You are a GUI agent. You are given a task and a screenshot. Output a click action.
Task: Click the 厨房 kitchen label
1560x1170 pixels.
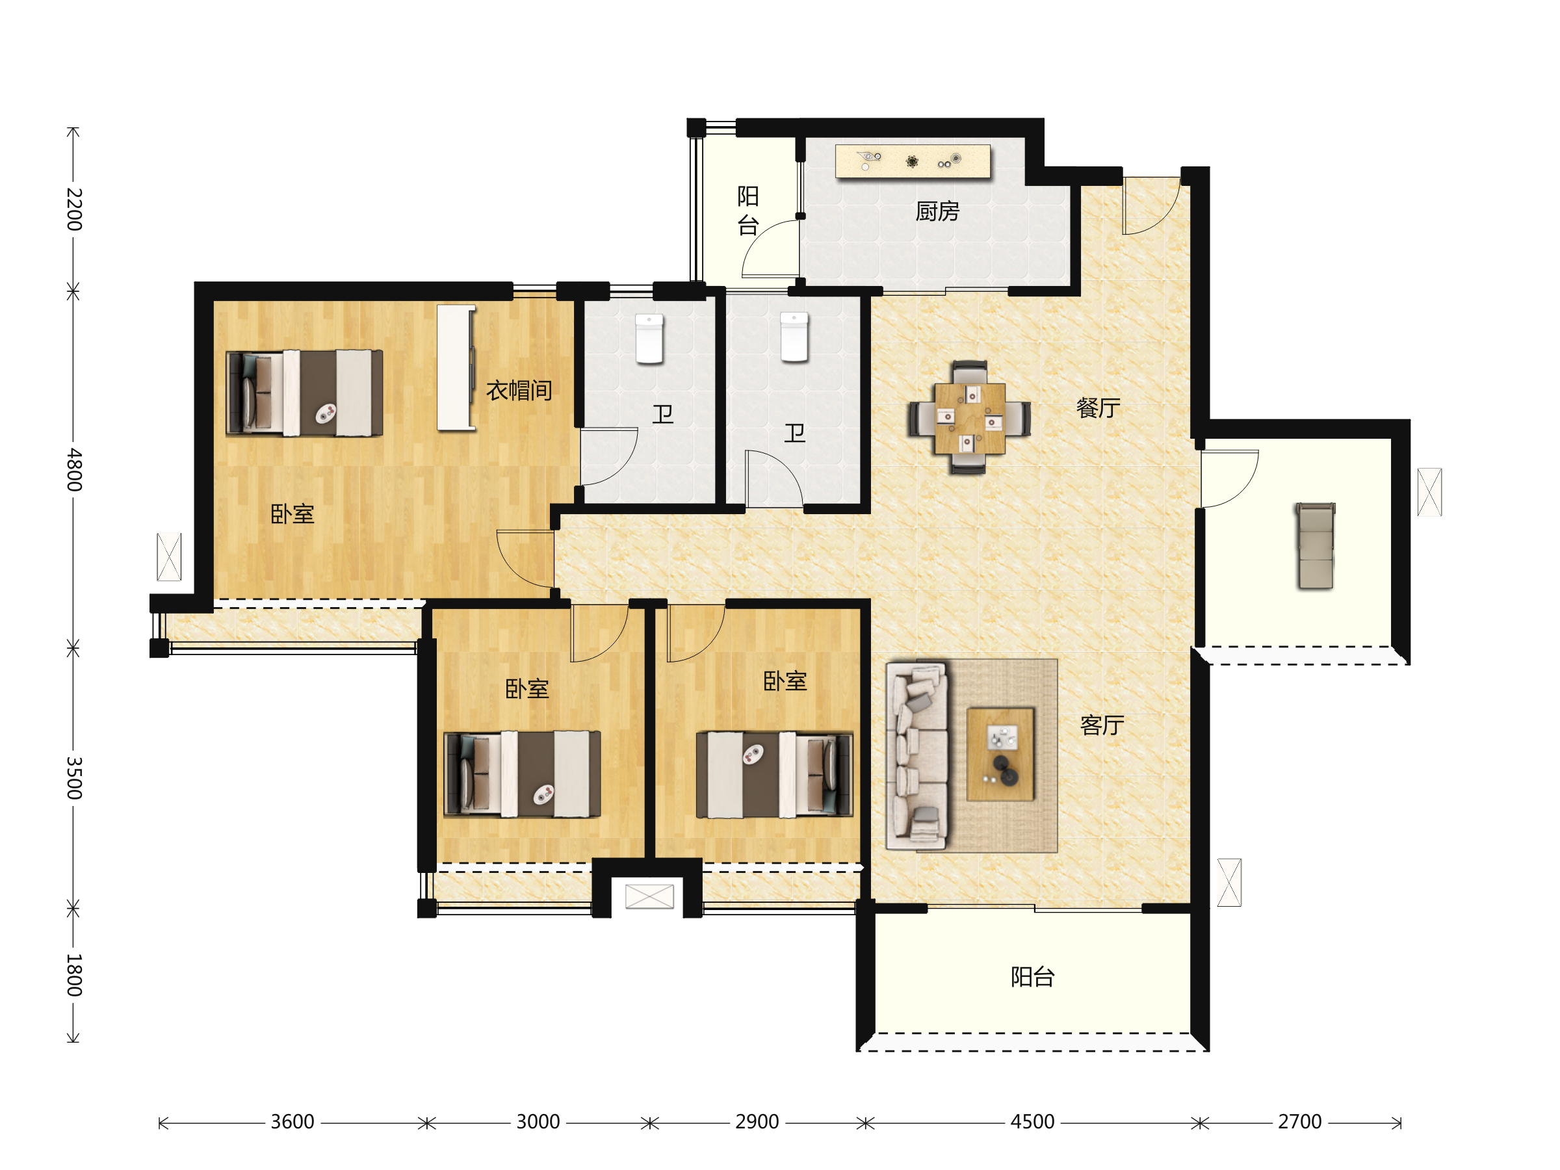pyautogui.click(x=937, y=211)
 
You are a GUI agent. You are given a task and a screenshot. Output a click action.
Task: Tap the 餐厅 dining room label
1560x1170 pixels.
pyautogui.click(x=1098, y=408)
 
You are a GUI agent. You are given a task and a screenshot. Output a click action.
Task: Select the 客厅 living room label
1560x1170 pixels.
pyautogui.click(x=1102, y=725)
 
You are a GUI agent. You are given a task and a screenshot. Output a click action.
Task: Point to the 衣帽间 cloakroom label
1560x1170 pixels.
pyautogui.click(x=519, y=390)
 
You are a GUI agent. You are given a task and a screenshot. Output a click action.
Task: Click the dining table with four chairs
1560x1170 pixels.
pyautogui.click(x=970, y=417)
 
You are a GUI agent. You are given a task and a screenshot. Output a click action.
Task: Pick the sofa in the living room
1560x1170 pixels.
pyautogui.click(x=916, y=755)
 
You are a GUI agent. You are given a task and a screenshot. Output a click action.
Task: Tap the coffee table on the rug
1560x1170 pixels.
pyautogui.click(x=1000, y=755)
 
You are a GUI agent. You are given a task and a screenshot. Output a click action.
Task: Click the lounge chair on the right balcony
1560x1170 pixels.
pyautogui.click(x=1316, y=545)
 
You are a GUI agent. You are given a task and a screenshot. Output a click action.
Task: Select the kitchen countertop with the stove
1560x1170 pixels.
pyautogui.click(x=913, y=161)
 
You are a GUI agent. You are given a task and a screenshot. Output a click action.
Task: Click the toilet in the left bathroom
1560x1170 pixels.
pyautogui.click(x=649, y=339)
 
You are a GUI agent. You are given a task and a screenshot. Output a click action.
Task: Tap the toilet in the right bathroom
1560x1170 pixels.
pyautogui.click(x=794, y=337)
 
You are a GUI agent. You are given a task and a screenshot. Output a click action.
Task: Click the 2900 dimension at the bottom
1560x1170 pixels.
pyautogui.click(x=757, y=1121)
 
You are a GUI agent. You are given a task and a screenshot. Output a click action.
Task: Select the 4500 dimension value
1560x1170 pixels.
pyautogui.click(x=1032, y=1121)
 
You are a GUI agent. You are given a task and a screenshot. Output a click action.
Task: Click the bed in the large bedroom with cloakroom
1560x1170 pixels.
pyautogui.click(x=305, y=393)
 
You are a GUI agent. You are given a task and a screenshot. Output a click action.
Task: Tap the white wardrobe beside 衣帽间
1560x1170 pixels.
pyautogui.click(x=456, y=367)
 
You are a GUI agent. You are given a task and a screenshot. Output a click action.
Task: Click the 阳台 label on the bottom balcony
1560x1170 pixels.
pyautogui.click(x=1032, y=977)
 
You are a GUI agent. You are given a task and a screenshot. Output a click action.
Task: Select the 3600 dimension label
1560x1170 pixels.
pyautogui.click(x=292, y=1121)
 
